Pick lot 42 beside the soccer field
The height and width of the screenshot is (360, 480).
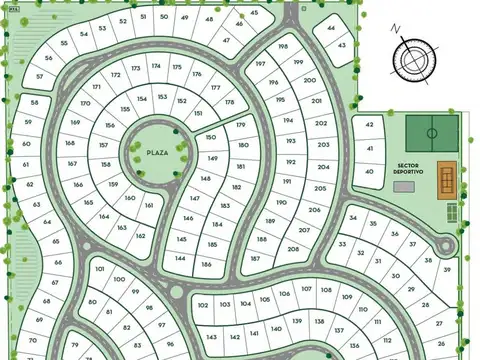tap(370, 125)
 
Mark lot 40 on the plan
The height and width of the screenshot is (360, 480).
tap(370, 171)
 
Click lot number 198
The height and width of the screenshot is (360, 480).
tap(283, 47)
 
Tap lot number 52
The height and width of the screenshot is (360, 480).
tap(123, 20)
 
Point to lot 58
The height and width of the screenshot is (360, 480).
tap(35, 102)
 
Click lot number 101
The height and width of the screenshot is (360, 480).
tap(100, 268)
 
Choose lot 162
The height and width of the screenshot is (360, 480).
tap(140, 237)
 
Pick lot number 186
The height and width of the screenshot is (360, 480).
tap(206, 265)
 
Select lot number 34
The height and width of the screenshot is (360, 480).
tap(352, 217)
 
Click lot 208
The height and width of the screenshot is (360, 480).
tap(293, 249)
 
